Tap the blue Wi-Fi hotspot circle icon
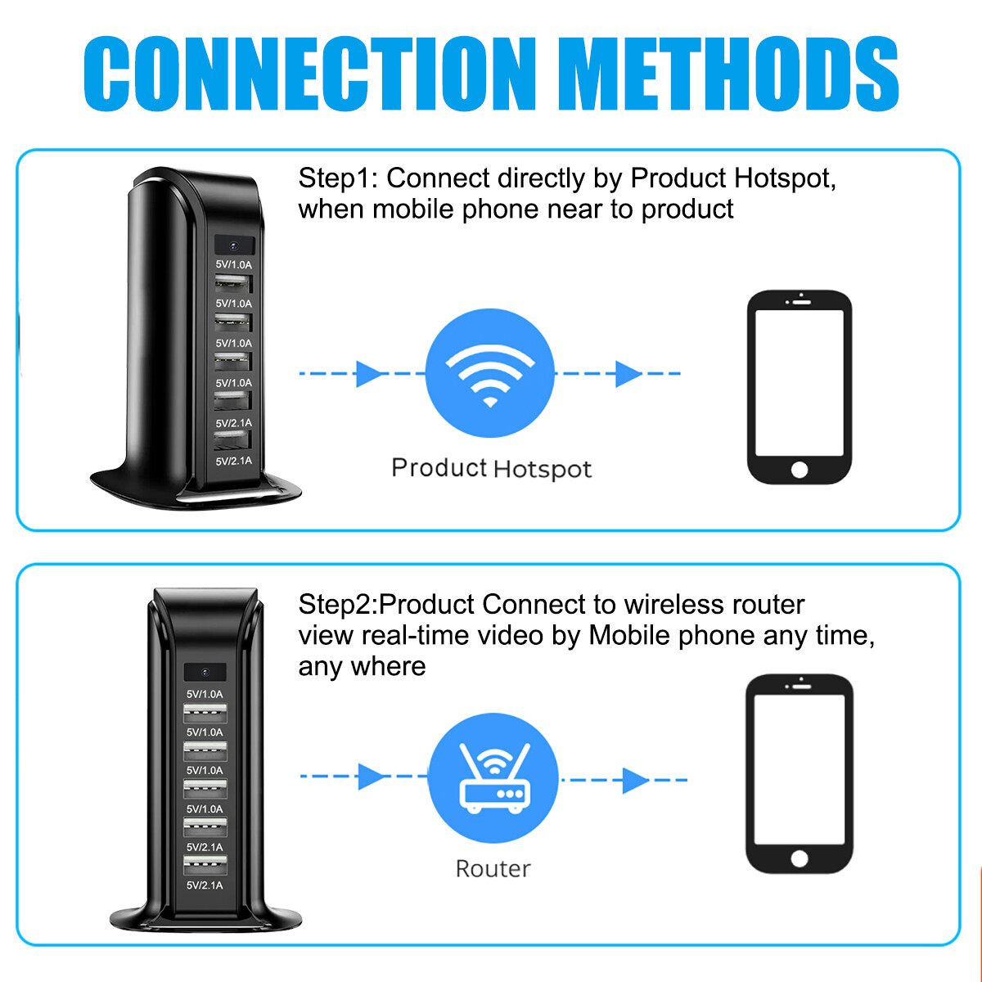click(489, 372)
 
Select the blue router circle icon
click(493, 778)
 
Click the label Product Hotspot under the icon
click(491, 468)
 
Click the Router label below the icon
click(493, 868)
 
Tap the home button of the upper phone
click(800, 470)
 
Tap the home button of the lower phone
click(800, 858)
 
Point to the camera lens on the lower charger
click(205, 672)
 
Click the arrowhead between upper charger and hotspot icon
click(370, 374)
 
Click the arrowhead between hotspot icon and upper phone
click(628, 374)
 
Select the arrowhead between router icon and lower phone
click(634, 780)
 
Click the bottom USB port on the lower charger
click(205, 865)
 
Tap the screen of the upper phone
click(800, 382)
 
